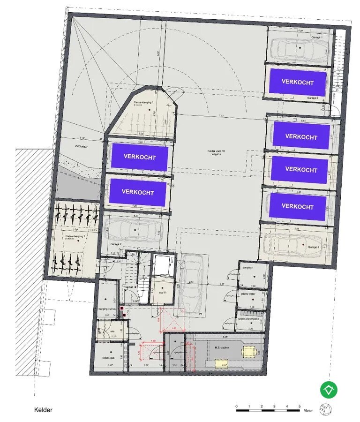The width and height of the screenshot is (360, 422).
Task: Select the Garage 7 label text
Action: click(x=115, y=244)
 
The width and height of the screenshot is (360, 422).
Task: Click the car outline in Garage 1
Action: click(x=299, y=47)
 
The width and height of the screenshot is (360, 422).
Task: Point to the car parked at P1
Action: click(x=191, y=286)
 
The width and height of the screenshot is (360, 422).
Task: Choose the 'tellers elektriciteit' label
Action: click(x=248, y=318)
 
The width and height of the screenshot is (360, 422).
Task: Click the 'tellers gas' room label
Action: click(x=108, y=358)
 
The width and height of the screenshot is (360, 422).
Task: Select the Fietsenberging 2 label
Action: click(x=75, y=237)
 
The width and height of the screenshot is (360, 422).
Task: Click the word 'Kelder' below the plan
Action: click(x=43, y=410)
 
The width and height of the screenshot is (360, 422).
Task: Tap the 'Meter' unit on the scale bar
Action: click(x=307, y=410)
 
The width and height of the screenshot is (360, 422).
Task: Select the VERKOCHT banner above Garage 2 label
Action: click(x=297, y=82)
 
